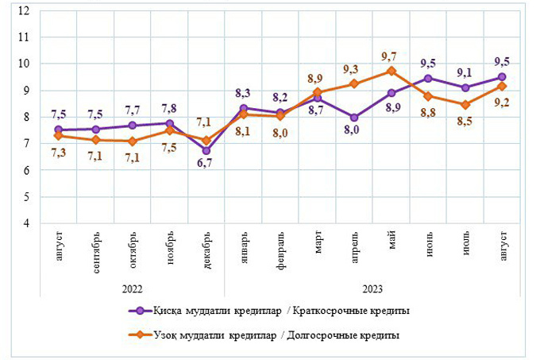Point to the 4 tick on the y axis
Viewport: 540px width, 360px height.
tap(26, 223)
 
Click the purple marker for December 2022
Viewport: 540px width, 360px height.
tap(206, 150)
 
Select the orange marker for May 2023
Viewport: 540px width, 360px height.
tap(391, 71)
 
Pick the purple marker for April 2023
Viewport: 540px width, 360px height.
tap(354, 117)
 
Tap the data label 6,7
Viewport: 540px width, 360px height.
tap(205, 164)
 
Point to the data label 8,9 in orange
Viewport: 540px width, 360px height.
tap(316, 79)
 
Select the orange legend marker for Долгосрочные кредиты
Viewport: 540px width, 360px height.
tap(139, 335)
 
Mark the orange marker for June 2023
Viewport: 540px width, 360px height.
tap(429, 96)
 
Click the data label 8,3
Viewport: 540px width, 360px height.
tap(242, 93)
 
